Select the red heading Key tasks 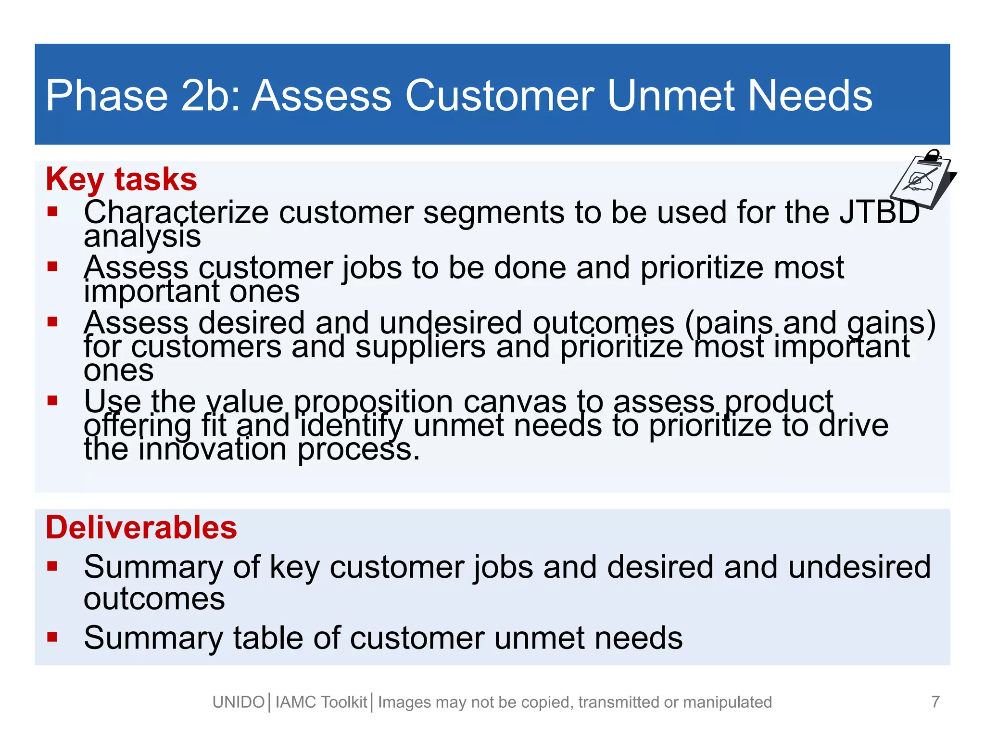pos(121,179)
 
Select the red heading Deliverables pos(141,527)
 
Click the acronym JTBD pos(880,212)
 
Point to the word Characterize pos(176,212)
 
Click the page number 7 pos(935,702)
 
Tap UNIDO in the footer pos(239,702)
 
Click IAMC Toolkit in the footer pos(321,702)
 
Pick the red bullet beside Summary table pos(52,637)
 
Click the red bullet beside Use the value pos(52,400)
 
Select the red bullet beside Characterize pos(52,212)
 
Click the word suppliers pos(420,347)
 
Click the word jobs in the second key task pos(372,268)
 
